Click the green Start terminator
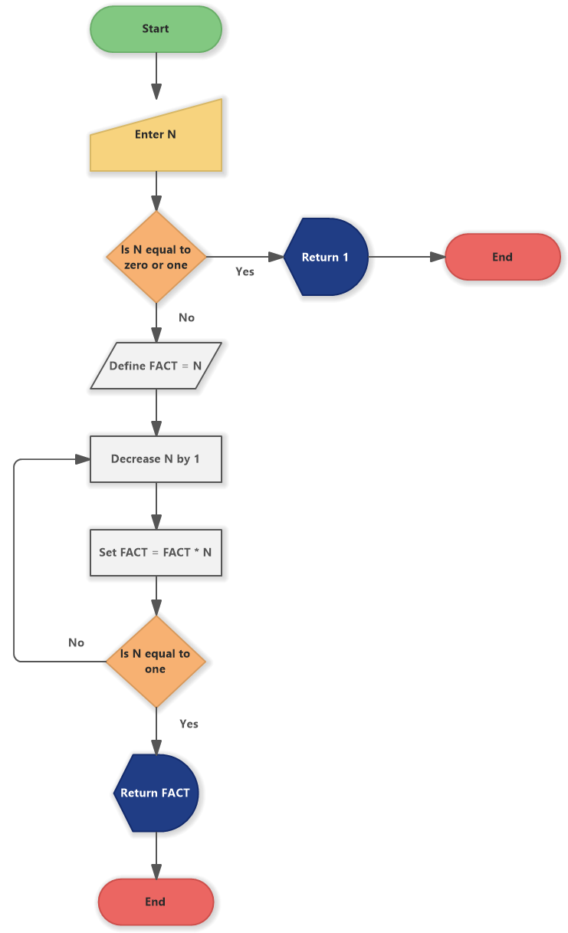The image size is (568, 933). (x=156, y=29)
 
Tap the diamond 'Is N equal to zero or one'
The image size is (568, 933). (x=156, y=257)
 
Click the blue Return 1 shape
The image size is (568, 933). (x=326, y=257)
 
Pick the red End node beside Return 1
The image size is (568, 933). (x=502, y=257)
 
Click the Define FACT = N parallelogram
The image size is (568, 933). (x=156, y=366)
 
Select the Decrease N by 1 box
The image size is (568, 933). (x=156, y=459)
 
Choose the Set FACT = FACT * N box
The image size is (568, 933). (x=156, y=552)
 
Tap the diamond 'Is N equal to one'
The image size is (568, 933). (x=156, y=661)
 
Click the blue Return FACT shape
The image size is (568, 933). (x=156, y=793)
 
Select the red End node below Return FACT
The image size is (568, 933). (x=156, y=902)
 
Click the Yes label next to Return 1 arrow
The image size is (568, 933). (x=245, y=271)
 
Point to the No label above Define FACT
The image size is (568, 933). (x=186, y=317)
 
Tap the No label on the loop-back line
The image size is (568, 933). (x=76, y=642)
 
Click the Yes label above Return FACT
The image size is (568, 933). (x=189, y=724)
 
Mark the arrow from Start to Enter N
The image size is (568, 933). (x=156, y=75)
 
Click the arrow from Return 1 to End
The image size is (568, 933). (x=406, y=257)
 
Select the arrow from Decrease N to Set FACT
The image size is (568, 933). (x=156, y=505)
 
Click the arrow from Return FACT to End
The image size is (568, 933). (x=156, y=855)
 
